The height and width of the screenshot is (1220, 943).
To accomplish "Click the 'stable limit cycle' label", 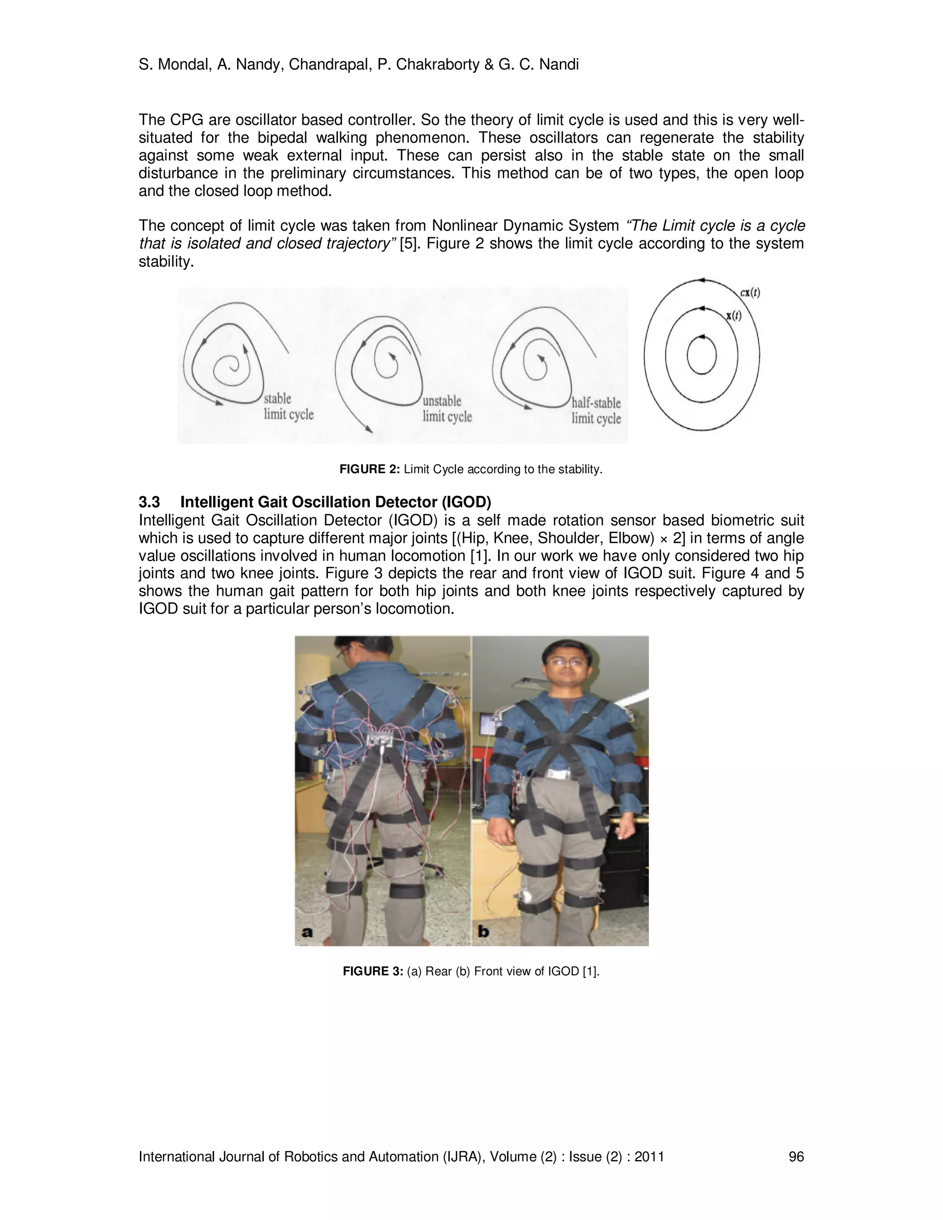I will tap(288, 407).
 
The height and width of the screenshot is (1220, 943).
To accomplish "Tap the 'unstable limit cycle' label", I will tap(447, 409).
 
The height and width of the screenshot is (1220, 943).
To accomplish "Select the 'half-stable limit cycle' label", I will tap(595, 411).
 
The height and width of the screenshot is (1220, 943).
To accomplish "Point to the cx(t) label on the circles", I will tap(750, 292).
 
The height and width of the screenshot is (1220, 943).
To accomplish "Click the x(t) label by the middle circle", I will tap(734, 316).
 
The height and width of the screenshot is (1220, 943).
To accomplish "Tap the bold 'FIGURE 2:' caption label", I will tap(369, 469).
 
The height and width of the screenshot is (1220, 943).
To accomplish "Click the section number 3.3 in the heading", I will tap(149, 502).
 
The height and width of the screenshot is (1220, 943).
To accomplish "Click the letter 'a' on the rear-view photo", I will tap(307, 931).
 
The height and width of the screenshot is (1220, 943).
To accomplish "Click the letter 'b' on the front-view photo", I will tap(483, 931).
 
